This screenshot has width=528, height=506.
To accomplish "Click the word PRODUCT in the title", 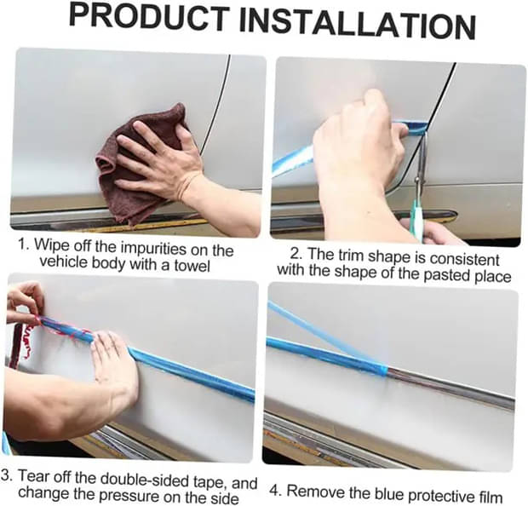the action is pos(148,18).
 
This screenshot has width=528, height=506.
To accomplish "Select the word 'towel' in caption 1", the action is pos(192,266).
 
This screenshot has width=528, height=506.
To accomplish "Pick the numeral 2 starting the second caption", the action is pos(295,253).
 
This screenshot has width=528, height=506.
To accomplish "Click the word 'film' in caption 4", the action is pos(491,497).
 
